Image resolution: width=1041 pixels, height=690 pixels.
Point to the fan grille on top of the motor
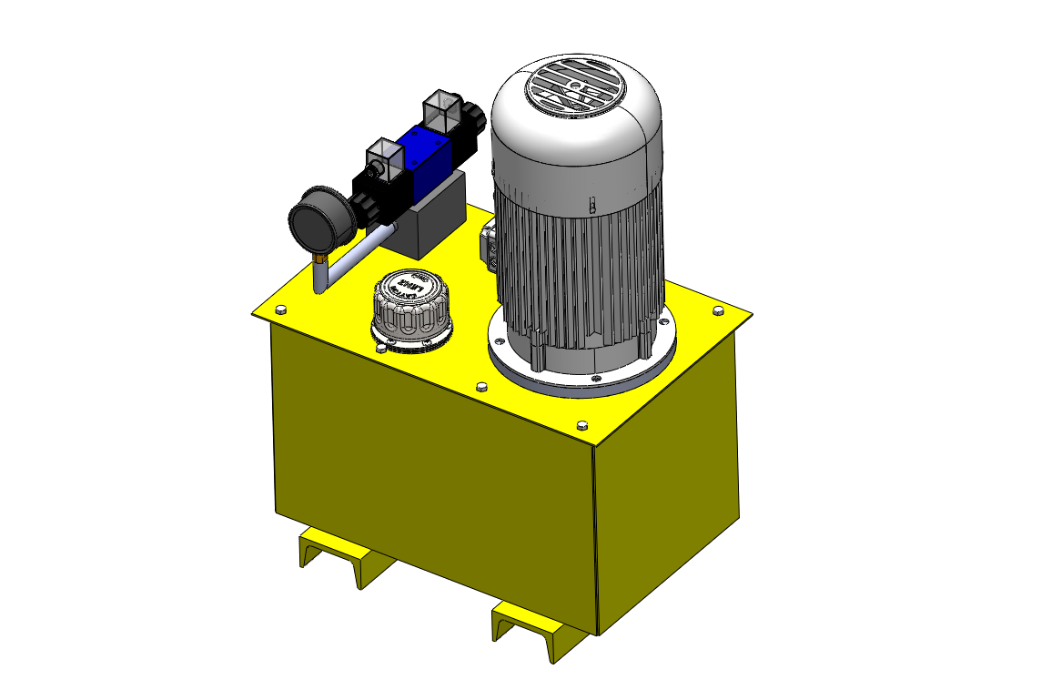(573, 88)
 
